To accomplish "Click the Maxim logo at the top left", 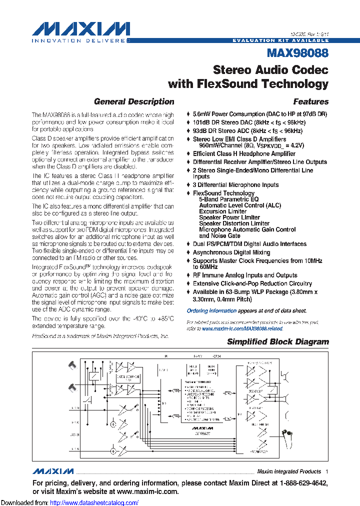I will (80, 29).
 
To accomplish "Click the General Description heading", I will (134, 101).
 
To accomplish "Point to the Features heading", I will (310, 101).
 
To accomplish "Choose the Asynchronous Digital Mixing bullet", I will (231, 252).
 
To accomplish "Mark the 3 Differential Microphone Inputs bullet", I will (235, 185).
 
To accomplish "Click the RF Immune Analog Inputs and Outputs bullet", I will (245, 275).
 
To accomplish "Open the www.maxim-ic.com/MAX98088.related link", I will (242, 328).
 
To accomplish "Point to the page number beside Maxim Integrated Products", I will (326, 471).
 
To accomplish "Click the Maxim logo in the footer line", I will (53, 471).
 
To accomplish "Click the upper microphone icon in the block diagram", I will (72, 365).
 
